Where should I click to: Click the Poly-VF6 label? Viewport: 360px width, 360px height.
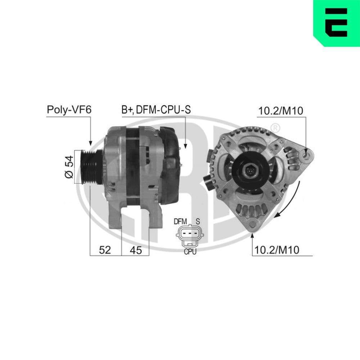point(69,110)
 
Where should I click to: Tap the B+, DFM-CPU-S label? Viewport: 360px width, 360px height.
point(156,110)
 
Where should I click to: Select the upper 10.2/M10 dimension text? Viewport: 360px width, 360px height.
point(280,111)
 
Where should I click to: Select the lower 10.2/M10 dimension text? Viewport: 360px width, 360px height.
point(276,250)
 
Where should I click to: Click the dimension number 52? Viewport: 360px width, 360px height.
point(105,250)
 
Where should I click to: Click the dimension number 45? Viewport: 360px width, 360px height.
point(135,250)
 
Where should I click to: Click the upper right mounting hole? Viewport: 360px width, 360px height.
point(307,156)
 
